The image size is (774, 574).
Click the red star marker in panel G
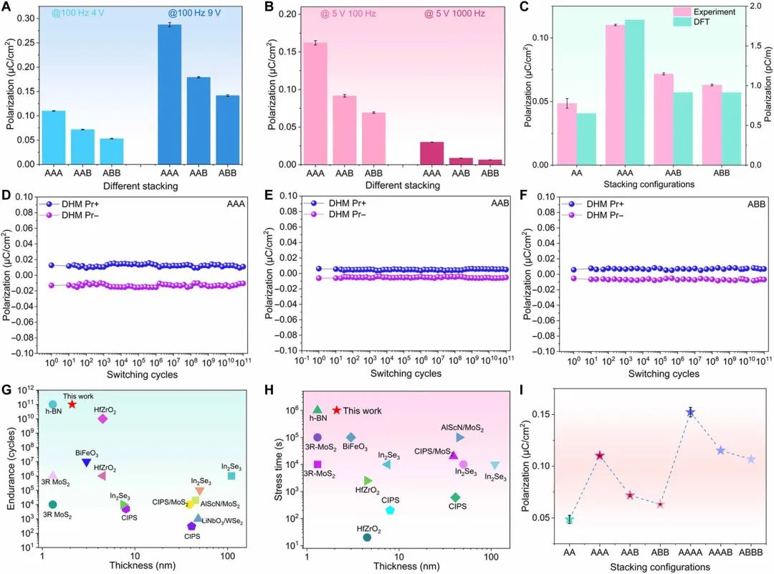pos(72,404)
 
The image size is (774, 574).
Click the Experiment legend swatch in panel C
pos(681,12)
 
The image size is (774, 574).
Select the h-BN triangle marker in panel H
pos(317,409)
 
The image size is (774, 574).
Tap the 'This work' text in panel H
pos(361,411)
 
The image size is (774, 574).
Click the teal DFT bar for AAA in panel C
pos(634,92)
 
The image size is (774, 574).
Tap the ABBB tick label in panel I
pos(751,554)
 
